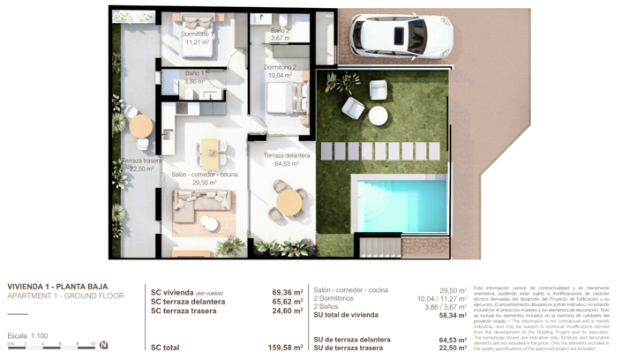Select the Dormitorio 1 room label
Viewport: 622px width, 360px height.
click(197, 34)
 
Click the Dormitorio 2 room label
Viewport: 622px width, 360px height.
click(280, 67)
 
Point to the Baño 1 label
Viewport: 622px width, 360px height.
click(195, 73)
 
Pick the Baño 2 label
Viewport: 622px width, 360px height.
click(280, 31)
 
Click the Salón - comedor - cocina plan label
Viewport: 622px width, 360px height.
click(204, 175)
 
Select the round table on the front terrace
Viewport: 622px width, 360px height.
click(289, 202)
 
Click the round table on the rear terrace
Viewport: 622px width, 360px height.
click(141, 125)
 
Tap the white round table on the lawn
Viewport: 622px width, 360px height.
click(378, 115)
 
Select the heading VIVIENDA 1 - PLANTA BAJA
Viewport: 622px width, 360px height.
click(57, 287)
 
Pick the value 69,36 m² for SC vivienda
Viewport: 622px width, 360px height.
click(288, 293)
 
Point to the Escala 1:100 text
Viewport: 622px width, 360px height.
click(27, 336)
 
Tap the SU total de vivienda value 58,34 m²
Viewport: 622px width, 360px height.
click(453, 315)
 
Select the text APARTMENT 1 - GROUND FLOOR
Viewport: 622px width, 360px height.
click(65, 296)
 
